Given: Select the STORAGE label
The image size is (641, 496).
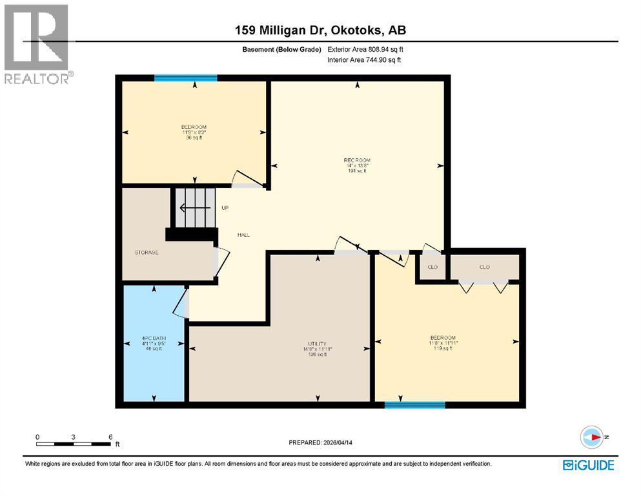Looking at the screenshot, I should (147, 253).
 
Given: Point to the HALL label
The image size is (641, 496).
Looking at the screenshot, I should (243, 235).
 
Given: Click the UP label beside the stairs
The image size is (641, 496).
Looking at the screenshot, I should (225, 208).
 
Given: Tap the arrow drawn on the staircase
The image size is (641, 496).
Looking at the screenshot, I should (193, 208).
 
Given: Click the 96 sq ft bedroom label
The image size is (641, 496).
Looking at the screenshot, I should (194, 132).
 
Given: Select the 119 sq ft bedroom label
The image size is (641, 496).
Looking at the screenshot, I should (443, 343).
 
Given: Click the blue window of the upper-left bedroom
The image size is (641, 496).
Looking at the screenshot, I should (185, 78).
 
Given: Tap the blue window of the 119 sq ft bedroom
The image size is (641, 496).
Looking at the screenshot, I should (414, 405).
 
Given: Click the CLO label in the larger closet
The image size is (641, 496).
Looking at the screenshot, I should (484, 267).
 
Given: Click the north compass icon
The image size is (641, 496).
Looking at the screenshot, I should (591, 437).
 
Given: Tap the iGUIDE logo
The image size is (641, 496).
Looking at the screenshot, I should (588, 465).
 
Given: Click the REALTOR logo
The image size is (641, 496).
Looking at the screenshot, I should (37, 44).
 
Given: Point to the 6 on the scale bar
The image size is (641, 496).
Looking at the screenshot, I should (110, 437).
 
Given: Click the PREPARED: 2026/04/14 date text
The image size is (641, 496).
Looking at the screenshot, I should (321, 442).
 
